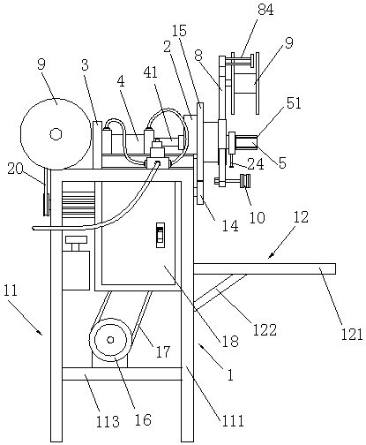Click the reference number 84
[265, 10]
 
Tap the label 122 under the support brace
[265, 329]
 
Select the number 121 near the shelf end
[352, 335]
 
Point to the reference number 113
[108, 421]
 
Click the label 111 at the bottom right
[232, 421]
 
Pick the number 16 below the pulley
[143, 419]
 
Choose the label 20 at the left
[16, 169]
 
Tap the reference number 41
[150, 72]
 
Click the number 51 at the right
[294, 103]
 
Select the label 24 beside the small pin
[256, 164]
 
